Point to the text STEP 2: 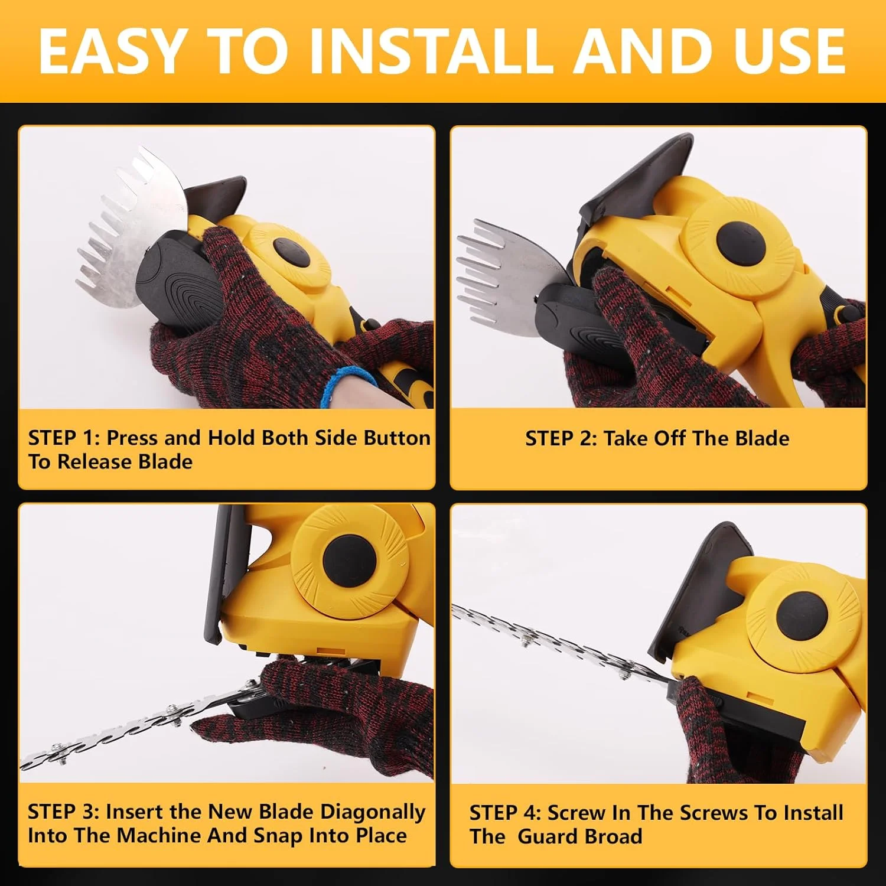[561, 438]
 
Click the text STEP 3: [63, 812]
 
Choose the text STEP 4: [505, 813]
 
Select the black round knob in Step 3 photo [349, 559]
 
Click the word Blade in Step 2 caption [762, 438]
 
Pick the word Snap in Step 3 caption [279, 836]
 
